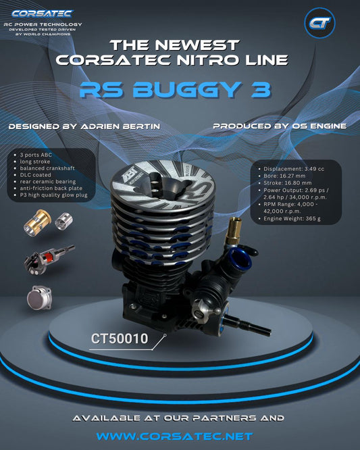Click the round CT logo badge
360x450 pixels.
(319, 23)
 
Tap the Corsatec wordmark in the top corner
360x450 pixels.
(43, 14)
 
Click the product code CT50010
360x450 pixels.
(120, 339)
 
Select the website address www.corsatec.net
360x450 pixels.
(174, 436)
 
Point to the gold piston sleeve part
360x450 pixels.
(37, 222)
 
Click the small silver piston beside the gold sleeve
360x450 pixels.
(63, 221)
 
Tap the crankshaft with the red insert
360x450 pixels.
(49, 259)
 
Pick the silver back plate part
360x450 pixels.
(40, 298)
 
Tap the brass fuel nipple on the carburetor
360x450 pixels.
(232, 230)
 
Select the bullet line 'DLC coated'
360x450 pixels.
(35, 175)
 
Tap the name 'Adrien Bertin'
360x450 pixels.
(120, 126)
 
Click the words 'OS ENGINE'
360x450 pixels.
(319, 126)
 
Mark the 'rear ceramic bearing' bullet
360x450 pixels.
(47, 182)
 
